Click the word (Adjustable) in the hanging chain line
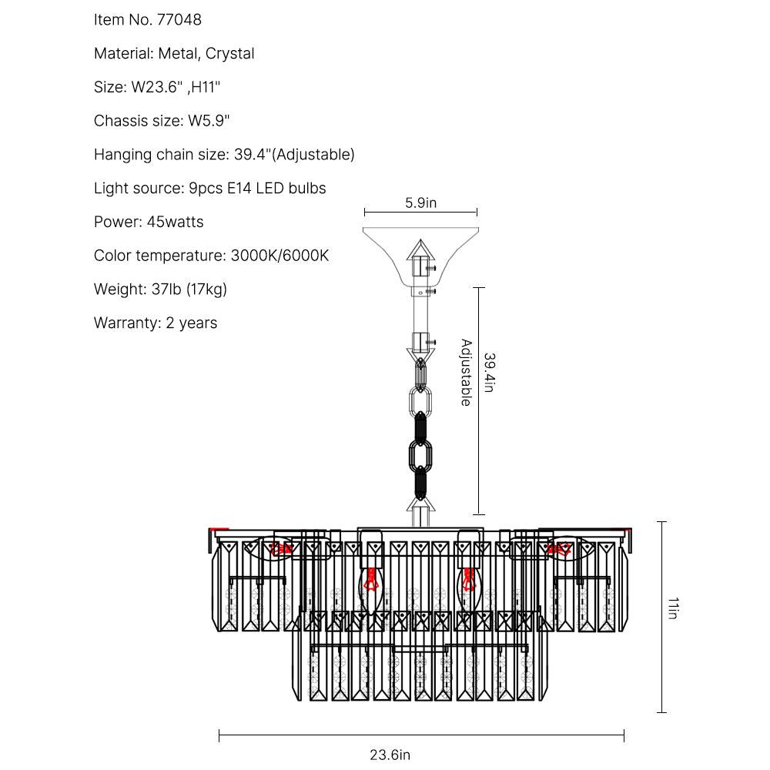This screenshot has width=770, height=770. click(314, 155)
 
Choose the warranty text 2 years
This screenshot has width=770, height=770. click(191, 323)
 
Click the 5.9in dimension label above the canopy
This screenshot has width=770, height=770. click(420, 203)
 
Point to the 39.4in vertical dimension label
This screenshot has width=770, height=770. click(490, 373)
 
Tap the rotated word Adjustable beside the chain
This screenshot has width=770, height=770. click(466, 373)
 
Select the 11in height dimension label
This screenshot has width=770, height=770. click(672, 608)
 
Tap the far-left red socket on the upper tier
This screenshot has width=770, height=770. click(280, 549)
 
